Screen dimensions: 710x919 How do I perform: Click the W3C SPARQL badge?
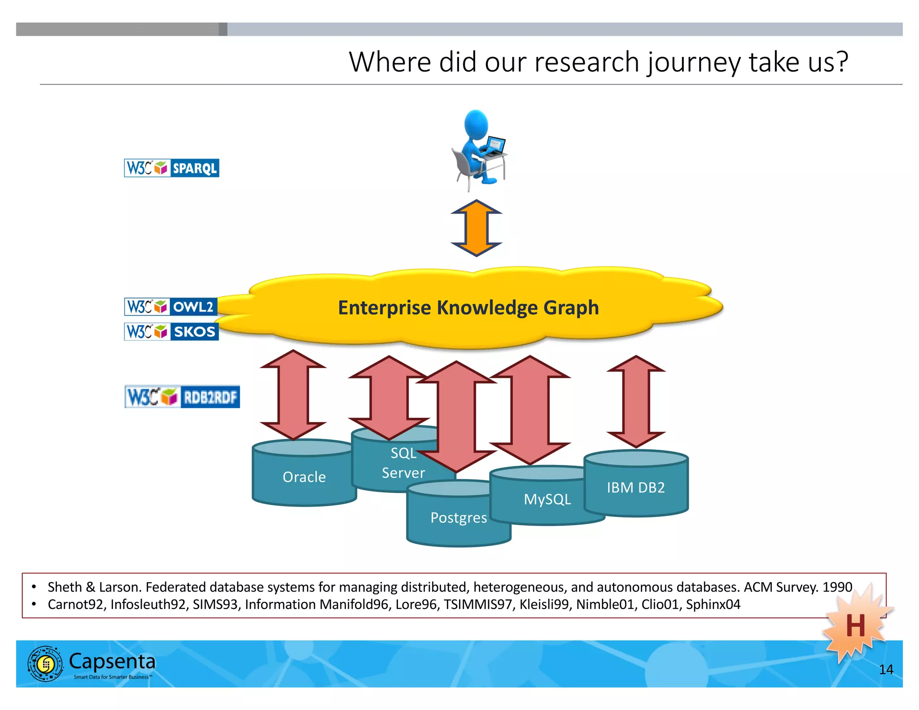click(171, 168)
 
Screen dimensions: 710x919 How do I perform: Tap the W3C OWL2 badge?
click(171, 307)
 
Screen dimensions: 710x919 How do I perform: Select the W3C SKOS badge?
click(171, 332)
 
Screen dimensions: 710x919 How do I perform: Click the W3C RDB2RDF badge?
click(182, 397)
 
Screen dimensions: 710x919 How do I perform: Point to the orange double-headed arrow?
click(476, 228)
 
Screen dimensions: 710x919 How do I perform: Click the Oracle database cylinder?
click(304, 477)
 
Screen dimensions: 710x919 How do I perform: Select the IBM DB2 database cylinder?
click(635, 487)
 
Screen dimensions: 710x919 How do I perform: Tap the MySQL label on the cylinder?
click(547, 499)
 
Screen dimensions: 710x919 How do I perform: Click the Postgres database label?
click(458, 517)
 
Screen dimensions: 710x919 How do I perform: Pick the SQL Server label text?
click(403, 463)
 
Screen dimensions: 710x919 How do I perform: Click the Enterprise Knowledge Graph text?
click(468, 308)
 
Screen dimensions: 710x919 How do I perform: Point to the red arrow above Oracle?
click(293, 395)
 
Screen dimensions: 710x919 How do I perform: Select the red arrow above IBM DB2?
click(635, 402)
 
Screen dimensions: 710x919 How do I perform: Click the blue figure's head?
click(476, 123)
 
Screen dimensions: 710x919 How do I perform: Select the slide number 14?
click(886, 670)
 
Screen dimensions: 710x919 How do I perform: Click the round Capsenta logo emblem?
click(45, 664)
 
